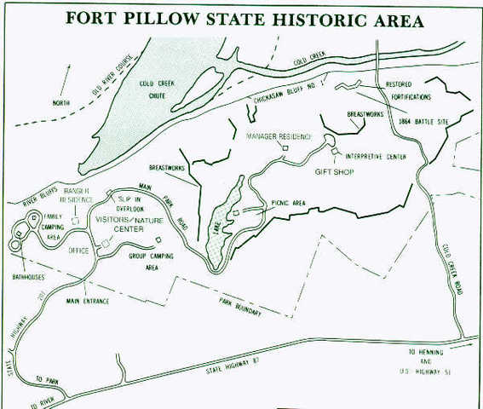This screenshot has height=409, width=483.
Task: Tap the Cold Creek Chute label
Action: click(x=158, y=88)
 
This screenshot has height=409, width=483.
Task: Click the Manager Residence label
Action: click(x=279, y=136)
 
